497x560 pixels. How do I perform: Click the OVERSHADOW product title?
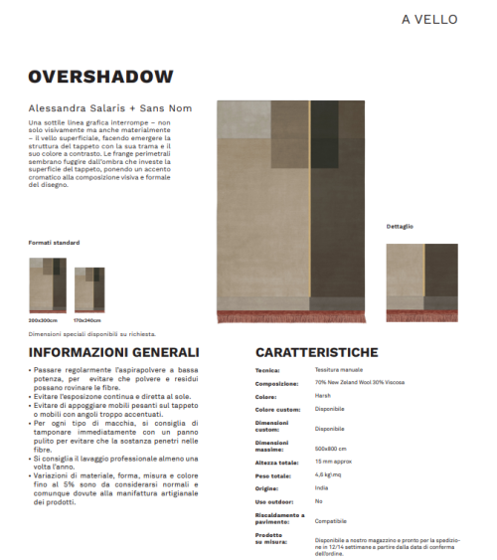click(100, 77)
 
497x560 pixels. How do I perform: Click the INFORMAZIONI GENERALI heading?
click(113, 353)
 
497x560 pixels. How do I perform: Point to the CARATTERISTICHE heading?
click(316, 353)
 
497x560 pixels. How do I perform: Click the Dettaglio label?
click(400, 227)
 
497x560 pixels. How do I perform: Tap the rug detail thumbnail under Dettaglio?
click(421, 282)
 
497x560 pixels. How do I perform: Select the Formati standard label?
click(54, 242)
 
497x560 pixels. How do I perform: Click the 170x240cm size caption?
click(87, 320)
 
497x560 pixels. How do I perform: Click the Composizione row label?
click(276, 383)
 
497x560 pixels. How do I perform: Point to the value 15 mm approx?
click(332, 463)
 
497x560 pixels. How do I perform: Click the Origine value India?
click(322, 488)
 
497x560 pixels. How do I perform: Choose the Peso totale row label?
click(274, 476)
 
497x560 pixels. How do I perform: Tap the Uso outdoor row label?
click(275, 501)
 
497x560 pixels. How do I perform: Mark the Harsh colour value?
click(322, 395)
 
